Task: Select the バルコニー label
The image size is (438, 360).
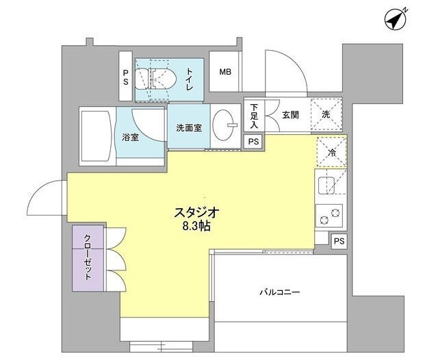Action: point(279,292)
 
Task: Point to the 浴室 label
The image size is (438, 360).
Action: point(131,137)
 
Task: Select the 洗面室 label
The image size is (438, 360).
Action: point(188,127)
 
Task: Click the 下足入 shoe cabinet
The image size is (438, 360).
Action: point(254,116)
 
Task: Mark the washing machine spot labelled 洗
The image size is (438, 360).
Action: point(326,114)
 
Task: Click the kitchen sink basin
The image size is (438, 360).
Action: point(326,185)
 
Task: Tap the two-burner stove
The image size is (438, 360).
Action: point(329,216)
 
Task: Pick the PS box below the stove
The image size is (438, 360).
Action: point(339,242)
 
